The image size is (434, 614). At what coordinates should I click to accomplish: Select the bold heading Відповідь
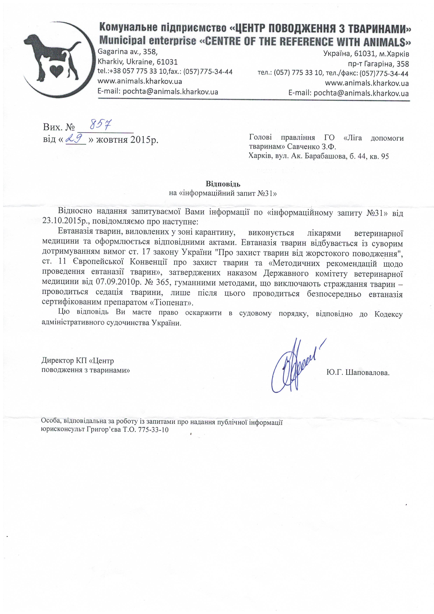223,184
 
